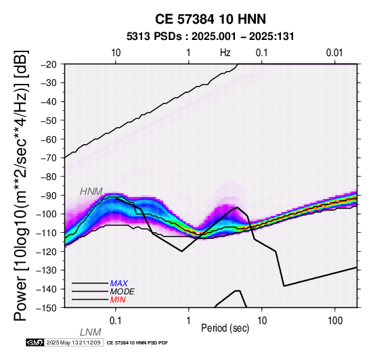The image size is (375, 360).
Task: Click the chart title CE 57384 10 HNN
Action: [x=211, y=19]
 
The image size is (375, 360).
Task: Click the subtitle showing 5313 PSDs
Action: [x=211, y=37]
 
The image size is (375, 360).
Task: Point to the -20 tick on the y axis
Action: [x=49, y=64]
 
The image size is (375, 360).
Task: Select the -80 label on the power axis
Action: [x=49, y=177]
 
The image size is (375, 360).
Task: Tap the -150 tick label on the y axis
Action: [x=47, y=308]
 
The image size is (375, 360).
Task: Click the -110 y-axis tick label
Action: [x=47, y=233]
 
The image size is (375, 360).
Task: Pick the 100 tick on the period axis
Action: [x=335, y=321]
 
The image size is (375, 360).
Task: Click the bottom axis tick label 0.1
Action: [x=116, y=321]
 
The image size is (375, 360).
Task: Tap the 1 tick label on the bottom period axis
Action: [x=189, y=321]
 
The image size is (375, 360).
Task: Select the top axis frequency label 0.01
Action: [x=334, y=53]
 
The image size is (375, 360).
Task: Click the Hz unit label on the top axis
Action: [x=225, y=53]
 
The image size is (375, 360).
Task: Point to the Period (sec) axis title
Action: [x=225, y=328]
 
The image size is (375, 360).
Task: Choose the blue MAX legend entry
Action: [x=119, y=284]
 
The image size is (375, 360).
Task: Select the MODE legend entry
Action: [x=123, y=292]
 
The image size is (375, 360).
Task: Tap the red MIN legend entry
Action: [x=118, y=300]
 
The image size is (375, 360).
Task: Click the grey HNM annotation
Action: [x=91, y=192]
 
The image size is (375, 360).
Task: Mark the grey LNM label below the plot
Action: [x=91, y=332]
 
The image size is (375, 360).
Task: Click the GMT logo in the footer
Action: [x=35, y=342]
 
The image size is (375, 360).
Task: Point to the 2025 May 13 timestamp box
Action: [x=74, y=342]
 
